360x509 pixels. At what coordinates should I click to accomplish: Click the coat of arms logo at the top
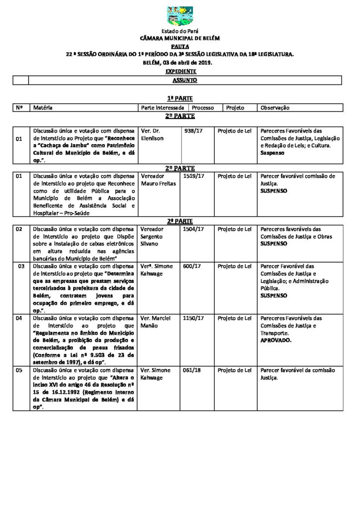click(x=180, y=16)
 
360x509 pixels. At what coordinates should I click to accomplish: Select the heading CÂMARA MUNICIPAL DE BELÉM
click(x=180, y=38)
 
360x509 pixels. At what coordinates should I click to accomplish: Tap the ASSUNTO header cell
click(x=184, y=80)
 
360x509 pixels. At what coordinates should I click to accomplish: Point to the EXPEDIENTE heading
click(x=180, y=72)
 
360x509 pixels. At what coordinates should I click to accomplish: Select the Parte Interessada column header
click(x=163, y=107)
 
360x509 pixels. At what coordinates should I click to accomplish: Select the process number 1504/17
click(x=193, y=229)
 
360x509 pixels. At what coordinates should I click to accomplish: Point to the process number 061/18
click(x=191, y=370)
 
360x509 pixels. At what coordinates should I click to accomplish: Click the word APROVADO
click(x=276, y=341)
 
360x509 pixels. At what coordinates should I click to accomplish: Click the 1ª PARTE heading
click(x=180, y=99)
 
